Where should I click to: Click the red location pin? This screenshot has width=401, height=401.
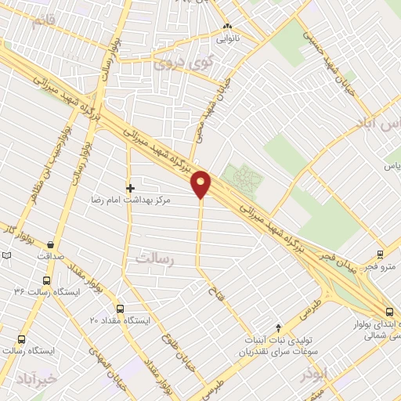pyautogui.click(x=202, y=184)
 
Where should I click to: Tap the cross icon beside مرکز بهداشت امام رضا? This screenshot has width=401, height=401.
pyautogui.click(x=130, y=188)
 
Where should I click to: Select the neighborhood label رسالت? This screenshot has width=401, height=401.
pyautogui.click(x=154, y=257)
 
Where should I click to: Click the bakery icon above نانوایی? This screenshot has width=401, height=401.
pyautogui.click(x=228, y=24)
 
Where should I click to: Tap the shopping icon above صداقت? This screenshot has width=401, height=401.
pyautogui.click(x=51, y=244)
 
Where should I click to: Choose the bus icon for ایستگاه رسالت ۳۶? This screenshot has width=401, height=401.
pyautogui.click(x=47, y=280)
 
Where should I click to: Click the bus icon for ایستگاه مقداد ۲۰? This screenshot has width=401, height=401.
pyautogui.click(x=120, y=309)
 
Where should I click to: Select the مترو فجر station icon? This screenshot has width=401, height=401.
pyautogui.click(x=380, y=255)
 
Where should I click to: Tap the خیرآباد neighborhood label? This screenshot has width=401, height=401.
pyautogui.click(x=36, y=379)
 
